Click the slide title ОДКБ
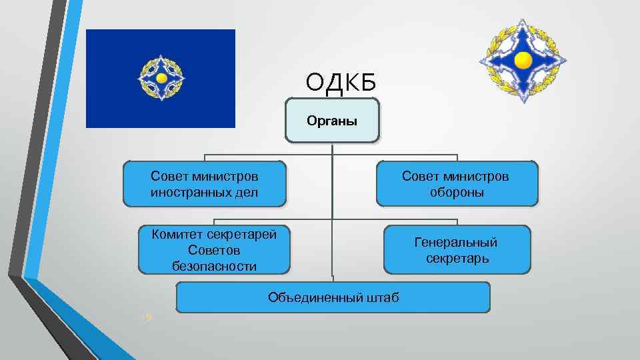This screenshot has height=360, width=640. click(x=341, y=82)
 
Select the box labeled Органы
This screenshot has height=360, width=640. click(x=332, y=121)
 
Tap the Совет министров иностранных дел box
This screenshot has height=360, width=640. click(x=205, y=183)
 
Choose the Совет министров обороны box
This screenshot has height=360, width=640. click(x=457, y=183)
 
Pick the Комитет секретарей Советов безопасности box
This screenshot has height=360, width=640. click(x=214, y=249)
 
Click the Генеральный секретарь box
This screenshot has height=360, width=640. click(x=457, y=249)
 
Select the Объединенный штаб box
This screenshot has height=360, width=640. click(x=333, y=297)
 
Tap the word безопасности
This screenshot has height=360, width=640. click(x=214, y=265)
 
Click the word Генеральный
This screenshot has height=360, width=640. click(x=457, y=242)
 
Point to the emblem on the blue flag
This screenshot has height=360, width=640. click(x=161, y=79)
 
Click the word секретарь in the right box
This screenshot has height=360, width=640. click(x=457, y=258)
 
